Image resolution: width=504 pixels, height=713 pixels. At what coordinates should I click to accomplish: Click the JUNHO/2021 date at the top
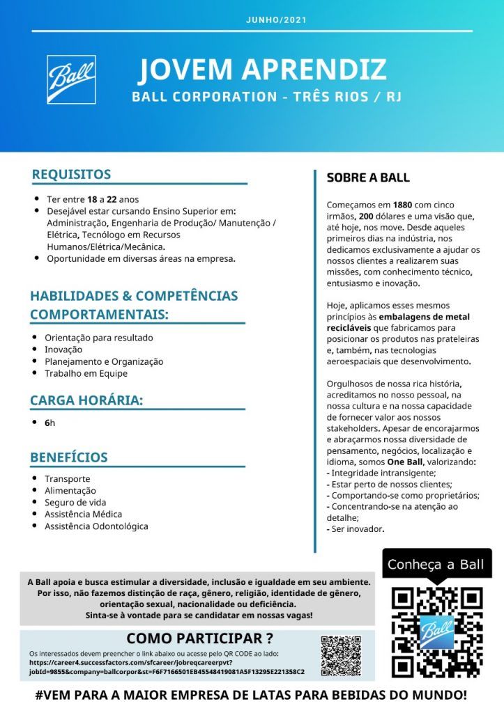(276, 20)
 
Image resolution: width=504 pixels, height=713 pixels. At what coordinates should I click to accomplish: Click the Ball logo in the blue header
(72, 79)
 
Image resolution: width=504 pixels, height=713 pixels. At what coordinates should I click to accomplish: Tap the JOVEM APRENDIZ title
(262, 70)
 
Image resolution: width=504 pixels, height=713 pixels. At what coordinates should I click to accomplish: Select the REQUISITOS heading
(71, 174)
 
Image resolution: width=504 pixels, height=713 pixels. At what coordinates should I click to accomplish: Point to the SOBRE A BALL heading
(368, 178)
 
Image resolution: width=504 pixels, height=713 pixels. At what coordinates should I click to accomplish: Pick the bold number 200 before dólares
(367, 217)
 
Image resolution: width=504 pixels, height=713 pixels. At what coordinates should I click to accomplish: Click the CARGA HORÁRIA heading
(86, 400)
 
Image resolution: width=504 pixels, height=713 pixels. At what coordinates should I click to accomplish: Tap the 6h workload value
(49, 423)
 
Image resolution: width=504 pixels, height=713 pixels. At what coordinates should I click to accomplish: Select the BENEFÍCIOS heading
(69, 457)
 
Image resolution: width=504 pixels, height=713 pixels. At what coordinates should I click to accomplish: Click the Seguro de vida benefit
(75, 503)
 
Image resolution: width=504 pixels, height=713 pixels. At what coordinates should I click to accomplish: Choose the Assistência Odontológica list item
(96, 526)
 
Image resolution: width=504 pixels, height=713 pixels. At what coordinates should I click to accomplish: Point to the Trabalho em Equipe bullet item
(86, 373)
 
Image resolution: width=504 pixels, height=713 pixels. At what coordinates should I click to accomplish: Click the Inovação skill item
(63, 350)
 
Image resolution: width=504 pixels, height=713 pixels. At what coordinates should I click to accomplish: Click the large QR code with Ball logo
(437, 632)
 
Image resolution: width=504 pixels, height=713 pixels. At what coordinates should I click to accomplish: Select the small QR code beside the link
(341, 655)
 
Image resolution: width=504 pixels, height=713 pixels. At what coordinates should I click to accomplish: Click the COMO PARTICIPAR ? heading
(199, 638)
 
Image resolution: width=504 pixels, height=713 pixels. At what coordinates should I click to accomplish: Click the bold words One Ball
(405, 462)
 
